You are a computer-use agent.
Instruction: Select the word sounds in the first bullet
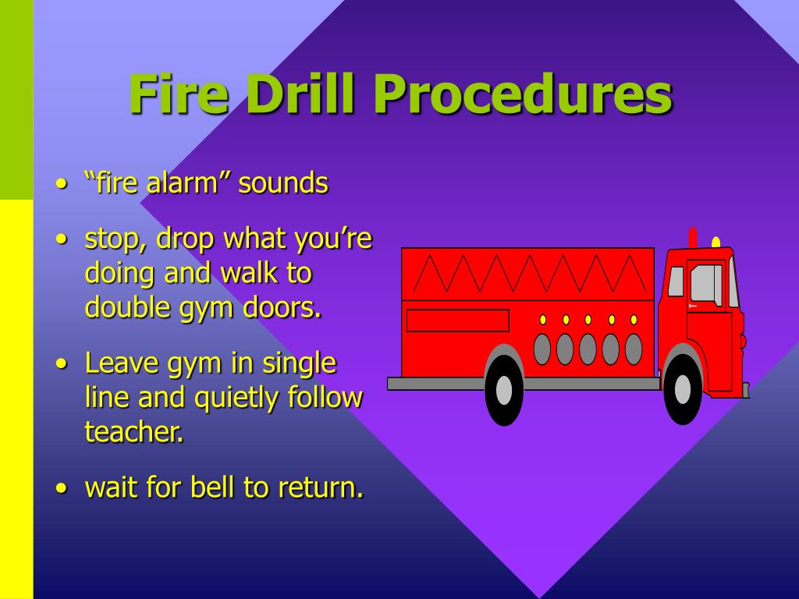click(283, 183)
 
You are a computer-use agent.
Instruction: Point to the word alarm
click(182, 183)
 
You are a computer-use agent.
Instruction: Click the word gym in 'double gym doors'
click(202, 309)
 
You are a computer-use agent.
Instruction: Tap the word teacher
click(134, 432)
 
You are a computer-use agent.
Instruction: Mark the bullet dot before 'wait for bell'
click(62, 488)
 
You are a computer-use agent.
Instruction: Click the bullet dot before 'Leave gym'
click(62, 364)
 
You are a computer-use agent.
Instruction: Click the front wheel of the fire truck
click(683, 388)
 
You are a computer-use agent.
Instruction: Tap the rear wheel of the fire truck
click(504, 390)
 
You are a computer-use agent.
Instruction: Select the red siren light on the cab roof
click(693, 237)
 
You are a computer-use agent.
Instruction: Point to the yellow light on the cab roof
click(716, 243)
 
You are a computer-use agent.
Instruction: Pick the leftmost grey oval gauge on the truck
click(542, 349)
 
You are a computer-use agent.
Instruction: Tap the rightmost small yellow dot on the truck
click(634, 320)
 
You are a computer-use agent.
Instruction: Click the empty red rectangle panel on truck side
click(457, 321)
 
